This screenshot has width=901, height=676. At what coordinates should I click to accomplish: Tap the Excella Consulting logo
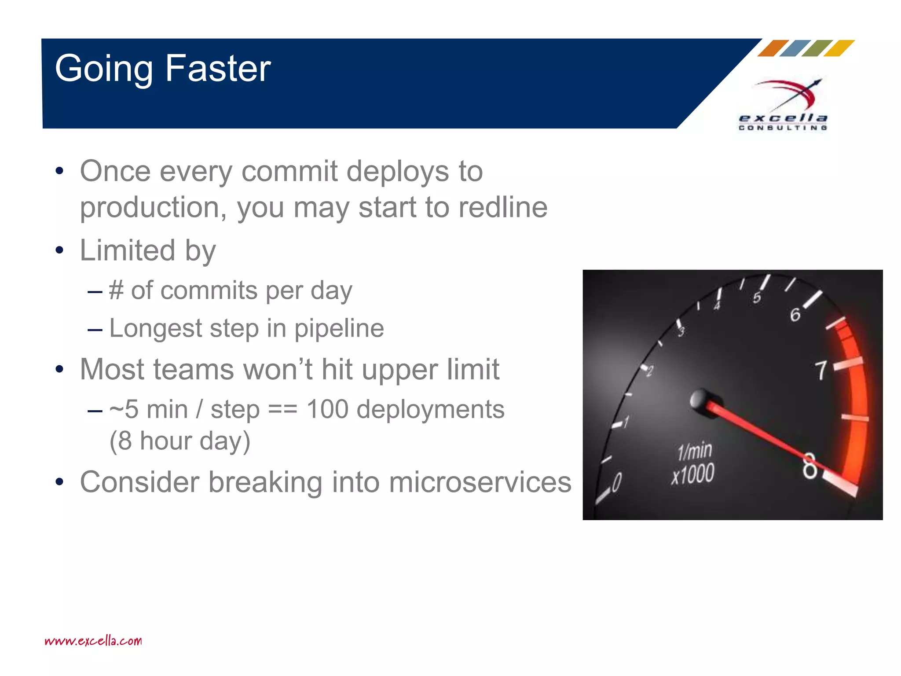point(783,106)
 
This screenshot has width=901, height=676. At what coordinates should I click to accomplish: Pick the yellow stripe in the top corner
point(839,48)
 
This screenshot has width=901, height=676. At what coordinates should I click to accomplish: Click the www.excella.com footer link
point(93,641)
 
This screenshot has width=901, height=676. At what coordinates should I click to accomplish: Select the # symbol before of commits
point(116,290)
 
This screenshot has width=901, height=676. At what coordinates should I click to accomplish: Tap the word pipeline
point(339,328)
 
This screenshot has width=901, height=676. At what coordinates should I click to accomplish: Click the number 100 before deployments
point(327,409)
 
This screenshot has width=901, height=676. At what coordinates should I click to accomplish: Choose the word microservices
point(480,482)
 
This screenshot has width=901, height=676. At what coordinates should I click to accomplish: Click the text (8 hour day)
point(179,441)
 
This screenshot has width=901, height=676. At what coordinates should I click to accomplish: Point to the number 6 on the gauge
point(795,315)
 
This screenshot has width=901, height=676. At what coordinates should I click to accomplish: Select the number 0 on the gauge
point(617,482)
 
